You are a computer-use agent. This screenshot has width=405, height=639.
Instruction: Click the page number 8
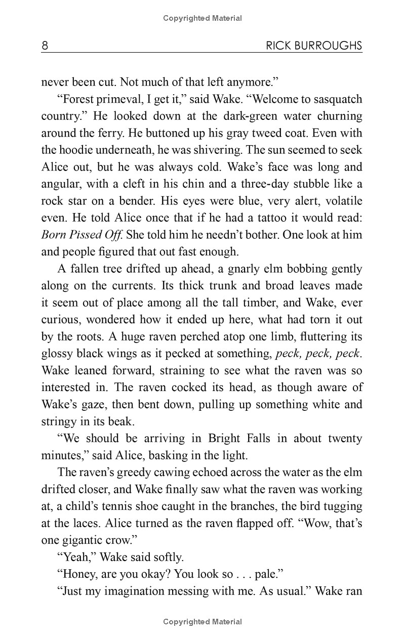pyautogui.click(x=45, y=46)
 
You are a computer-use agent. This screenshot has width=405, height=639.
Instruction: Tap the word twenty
pyautogui.click(x=345, y=439)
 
